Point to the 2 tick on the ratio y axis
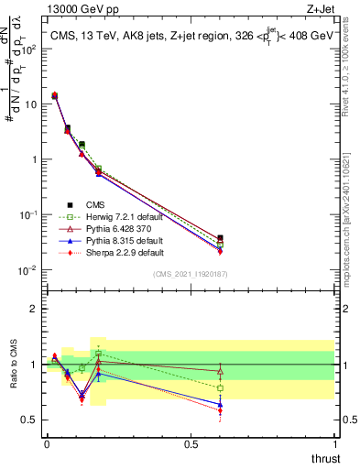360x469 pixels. [x=34, y=309]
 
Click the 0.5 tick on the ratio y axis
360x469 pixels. [x=29, y=420]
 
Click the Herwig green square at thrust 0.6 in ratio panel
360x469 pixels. [x=220, y=388]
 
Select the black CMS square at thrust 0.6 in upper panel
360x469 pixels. [x=220, y=238]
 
